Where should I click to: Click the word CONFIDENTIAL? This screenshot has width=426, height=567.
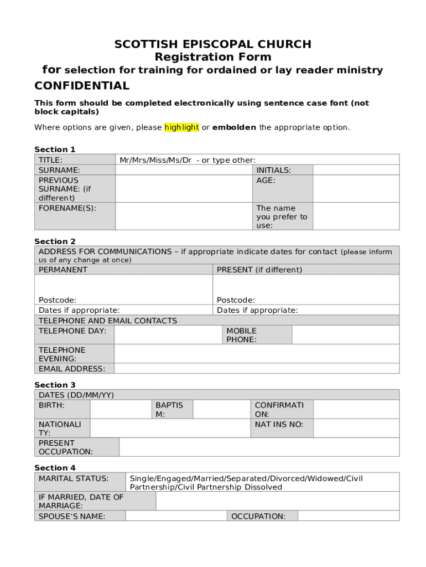coord(82,86)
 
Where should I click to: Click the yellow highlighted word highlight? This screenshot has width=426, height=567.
coord(181,127)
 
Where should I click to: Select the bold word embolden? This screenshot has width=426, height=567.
coord(234,127)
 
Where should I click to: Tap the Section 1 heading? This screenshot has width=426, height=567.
coord(55,150)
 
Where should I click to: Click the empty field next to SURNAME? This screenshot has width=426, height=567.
coord(184,170)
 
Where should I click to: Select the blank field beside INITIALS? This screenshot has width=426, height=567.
coord(356,170)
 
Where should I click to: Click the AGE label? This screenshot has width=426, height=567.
coord(266,181)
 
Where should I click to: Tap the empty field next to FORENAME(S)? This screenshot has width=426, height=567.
coord(184,216)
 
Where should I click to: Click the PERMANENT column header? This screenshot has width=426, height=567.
coord(63,270)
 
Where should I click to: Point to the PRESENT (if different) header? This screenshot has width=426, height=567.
coord(259,270)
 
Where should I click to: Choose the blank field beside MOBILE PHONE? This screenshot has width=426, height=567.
coord(345,335)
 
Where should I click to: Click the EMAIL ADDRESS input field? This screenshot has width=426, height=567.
coord(256,369)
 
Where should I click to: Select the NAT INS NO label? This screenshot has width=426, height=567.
coord(279,425)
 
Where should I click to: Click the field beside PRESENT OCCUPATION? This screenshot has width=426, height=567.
coord(259,447)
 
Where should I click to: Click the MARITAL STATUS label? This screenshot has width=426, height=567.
coord(74,478)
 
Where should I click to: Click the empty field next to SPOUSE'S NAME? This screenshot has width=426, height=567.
coord(176,516)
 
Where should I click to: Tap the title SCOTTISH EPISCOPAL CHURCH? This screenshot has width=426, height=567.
coord(213,44)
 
